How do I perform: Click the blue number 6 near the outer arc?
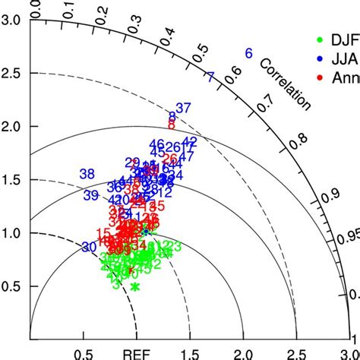pyautogui.click(x=248, y=53)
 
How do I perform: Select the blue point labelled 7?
pyautogui.click(x=210, y=77)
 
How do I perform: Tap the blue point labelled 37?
pyautogui.click(x=183, y=107)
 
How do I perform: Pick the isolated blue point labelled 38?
pyautogui.click(x=87, y=174)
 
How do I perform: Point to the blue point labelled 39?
pyautogui.click(x=90, y=195)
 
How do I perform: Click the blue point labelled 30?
pyautogui.click(x=89, y=247)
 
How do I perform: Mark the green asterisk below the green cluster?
pyautogui.click(x=135, y=286)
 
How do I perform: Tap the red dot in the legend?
pyautogui.click(x=321, y=77)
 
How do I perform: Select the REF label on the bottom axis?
pyautogui.click(x=135, y=353)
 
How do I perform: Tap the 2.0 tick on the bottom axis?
pyautogui.click(x=244, y=353)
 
